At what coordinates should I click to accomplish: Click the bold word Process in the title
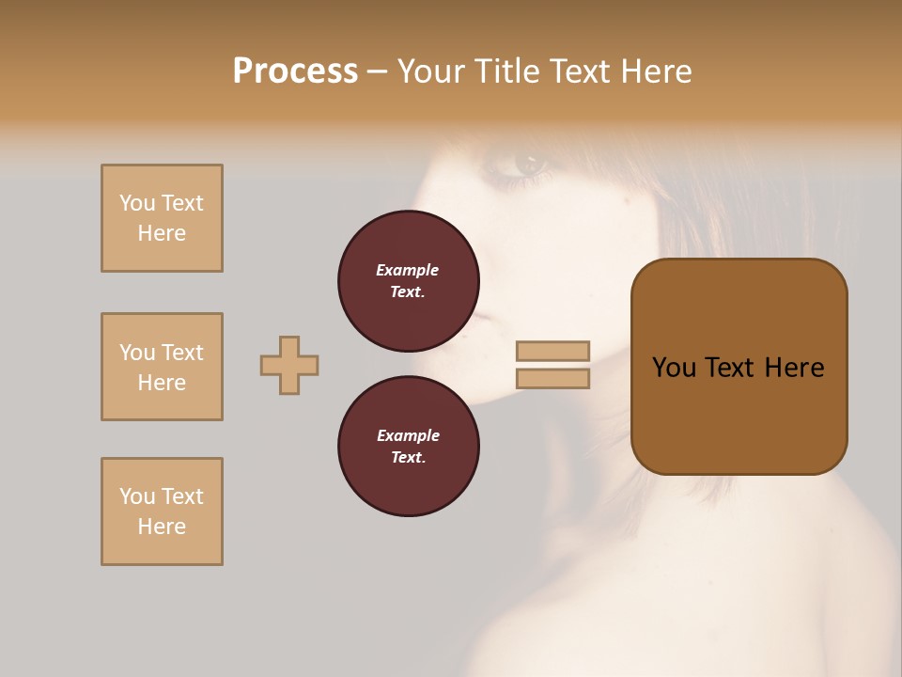tap(295, 71)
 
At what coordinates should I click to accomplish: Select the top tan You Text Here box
tap(162, 218)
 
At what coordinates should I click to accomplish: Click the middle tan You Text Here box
tap(162, 367)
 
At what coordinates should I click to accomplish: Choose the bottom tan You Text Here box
tap(162, 512)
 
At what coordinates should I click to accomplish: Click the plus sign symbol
tap(289, 365)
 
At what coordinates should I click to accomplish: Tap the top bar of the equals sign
tap(552, 351)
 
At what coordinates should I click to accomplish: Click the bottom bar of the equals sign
tap(552, 379)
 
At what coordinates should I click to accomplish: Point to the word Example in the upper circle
tap(408, 270)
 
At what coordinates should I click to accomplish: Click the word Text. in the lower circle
tap(408, 457)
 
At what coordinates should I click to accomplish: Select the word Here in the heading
tap(655, 71)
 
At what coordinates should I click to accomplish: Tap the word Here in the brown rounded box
tap(794, 368)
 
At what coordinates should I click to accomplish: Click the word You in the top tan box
tap(137, 203)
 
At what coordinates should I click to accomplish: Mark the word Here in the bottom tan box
tap(162, 527)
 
